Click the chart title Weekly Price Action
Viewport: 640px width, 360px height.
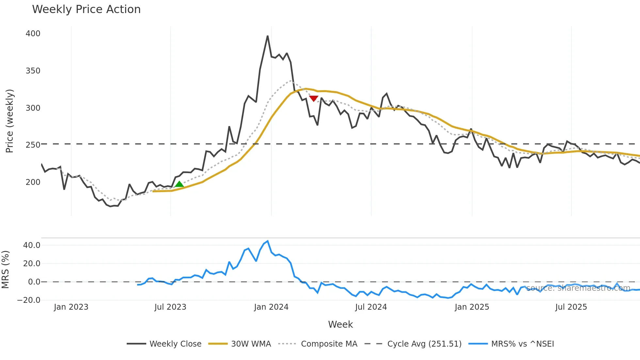pos(86,9)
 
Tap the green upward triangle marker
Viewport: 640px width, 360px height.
pos(179,184)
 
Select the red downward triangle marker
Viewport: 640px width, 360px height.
pos(313,98)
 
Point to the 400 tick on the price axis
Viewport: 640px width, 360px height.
pos(33,34)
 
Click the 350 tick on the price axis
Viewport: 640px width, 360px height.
pos(33,71)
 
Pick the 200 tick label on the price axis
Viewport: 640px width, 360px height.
pos(33,182)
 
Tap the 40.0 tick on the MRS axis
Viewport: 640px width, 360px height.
pos(32,245)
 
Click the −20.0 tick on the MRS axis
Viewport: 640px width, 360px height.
pos(29,300)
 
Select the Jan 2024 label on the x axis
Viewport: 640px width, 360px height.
pos(271,307)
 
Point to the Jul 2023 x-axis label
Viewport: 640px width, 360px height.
pos(170,307)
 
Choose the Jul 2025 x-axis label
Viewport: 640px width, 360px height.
pos(571,307)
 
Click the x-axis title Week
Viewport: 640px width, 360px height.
pos(340,324)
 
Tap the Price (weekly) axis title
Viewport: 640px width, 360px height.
pos(9,121)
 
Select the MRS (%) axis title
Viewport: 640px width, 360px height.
pos(5,270)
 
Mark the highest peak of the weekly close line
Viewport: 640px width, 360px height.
pos(267,36)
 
